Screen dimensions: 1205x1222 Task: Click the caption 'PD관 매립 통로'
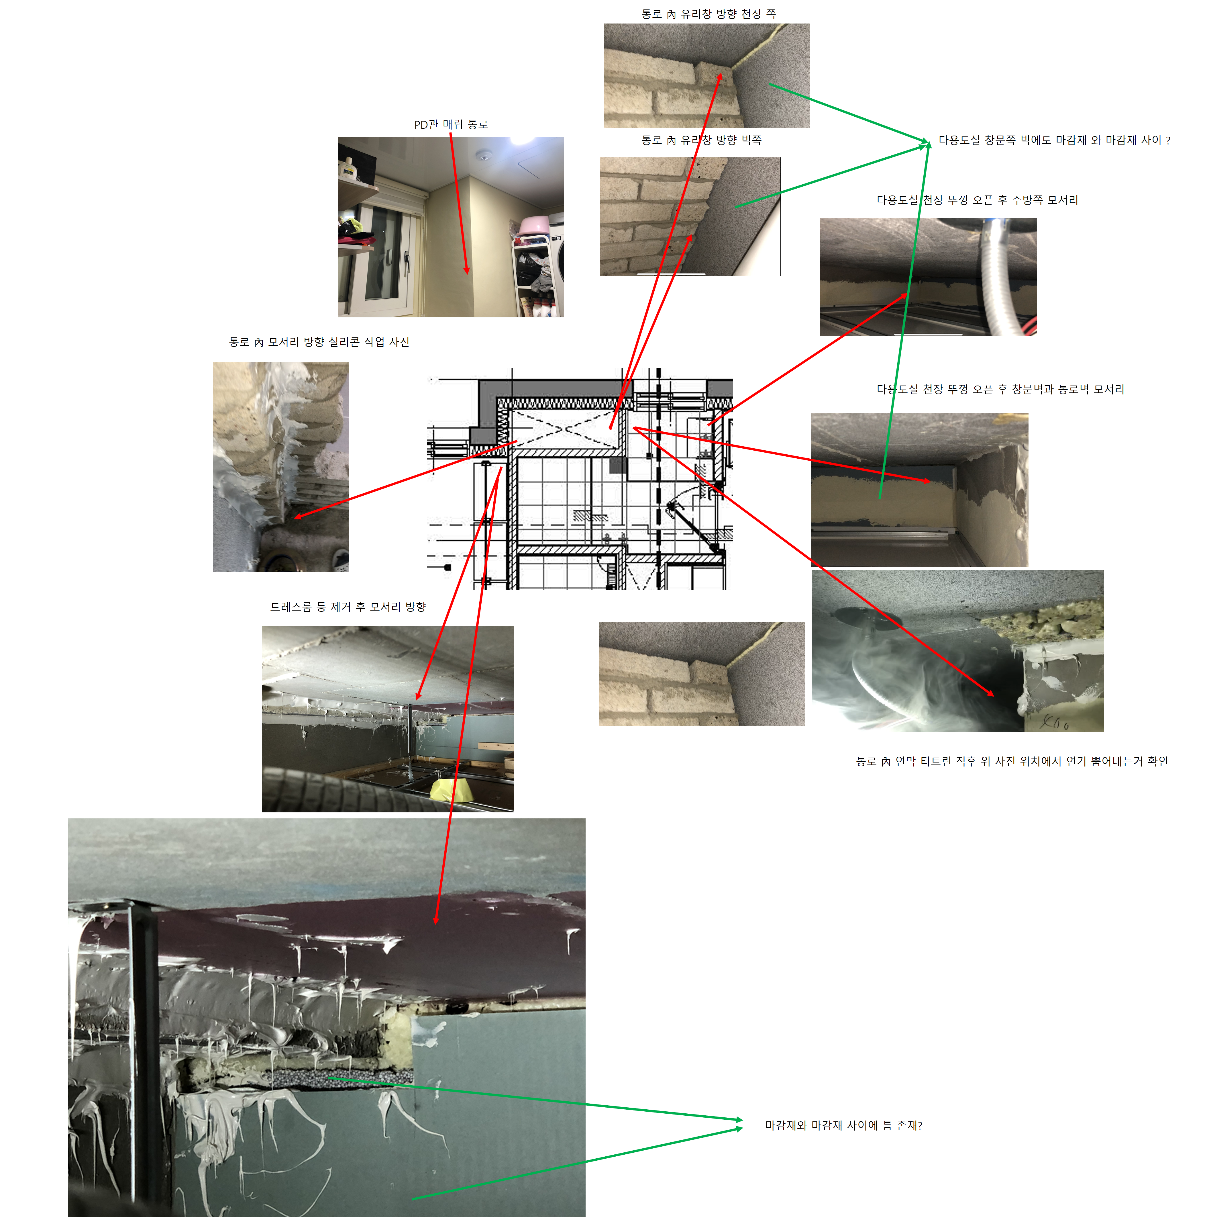451,125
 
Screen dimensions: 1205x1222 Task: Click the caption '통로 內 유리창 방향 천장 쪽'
708,14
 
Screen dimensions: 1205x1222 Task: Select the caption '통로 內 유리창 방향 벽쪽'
701,140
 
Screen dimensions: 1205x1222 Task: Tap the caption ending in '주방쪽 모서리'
977,200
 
